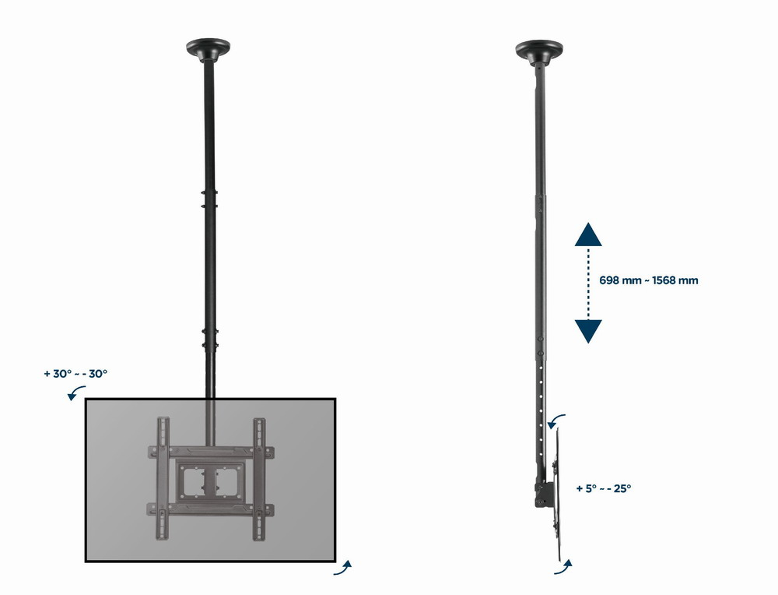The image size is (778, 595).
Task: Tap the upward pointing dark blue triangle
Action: (588, 234)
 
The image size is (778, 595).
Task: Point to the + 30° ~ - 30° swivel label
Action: (75, 373)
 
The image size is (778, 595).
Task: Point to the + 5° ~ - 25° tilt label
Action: (604, 488)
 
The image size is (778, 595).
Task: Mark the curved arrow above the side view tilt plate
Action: (555, 421)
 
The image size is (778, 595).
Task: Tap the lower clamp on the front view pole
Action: (208, 339)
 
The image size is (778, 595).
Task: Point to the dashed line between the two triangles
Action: (588, 282)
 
